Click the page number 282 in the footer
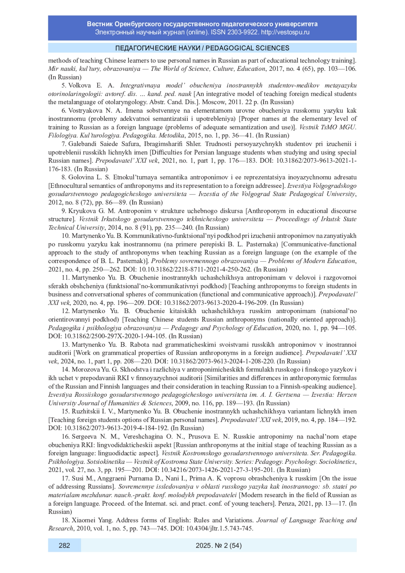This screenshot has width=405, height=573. tap(64, 545)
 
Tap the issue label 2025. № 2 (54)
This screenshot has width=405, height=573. tap(218, 545)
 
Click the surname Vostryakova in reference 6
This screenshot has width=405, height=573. tap(86, 110)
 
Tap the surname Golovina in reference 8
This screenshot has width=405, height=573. tap(82, 177)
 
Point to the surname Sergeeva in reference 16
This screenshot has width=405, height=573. tap(84, 437)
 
